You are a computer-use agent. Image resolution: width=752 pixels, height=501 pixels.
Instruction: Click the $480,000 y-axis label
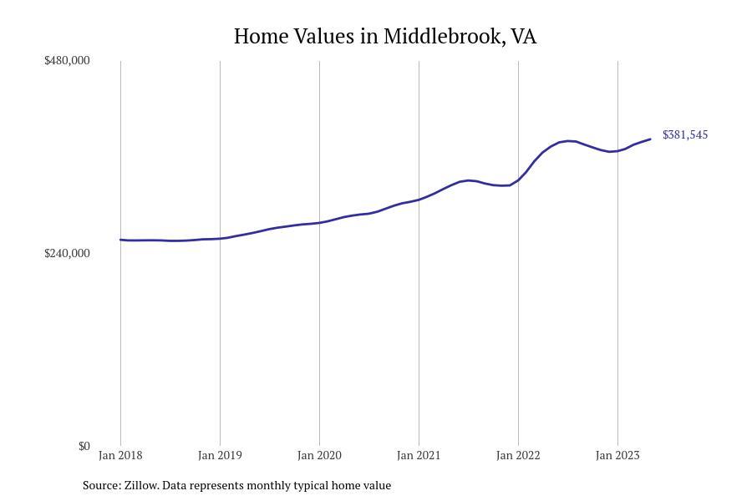click(x=67, y=60)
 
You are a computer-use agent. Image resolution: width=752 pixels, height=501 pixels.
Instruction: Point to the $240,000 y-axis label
click(x=67, y=253)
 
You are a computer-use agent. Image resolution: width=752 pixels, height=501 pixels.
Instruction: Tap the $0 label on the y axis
click(x=84, y=447)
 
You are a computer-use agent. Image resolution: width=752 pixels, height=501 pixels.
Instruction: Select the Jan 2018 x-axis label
click(x=120, y=455)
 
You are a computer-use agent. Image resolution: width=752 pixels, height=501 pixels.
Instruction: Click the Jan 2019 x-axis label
click(x=220, y=455)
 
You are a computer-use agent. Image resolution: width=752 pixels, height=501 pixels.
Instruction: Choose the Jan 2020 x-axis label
click(x=319, y=455)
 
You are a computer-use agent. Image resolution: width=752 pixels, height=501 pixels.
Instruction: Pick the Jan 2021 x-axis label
click(x=419, y=455)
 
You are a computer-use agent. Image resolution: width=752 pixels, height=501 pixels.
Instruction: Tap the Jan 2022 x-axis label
click(x=518, y=455)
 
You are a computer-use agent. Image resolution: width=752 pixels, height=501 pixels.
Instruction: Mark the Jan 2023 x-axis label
click(x=617, y=455)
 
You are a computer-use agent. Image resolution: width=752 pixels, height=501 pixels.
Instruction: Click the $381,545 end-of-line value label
click(x=685, y=134)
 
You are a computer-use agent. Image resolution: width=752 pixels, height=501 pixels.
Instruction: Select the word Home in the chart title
click(x=261, y=37)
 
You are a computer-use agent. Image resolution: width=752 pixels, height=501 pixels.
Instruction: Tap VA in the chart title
click(x=524, y=37)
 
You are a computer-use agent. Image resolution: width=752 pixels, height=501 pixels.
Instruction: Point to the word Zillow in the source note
click(x=141, y=485)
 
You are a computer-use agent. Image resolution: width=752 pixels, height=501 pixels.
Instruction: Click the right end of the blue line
click(x=650, y=139)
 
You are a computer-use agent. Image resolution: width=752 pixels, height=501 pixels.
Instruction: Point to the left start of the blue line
click(x=120, y=240)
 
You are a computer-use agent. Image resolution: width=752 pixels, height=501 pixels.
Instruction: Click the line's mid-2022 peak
click(x=568, y=141)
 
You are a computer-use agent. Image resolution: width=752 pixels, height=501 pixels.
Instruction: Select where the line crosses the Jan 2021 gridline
click(x=419, y=200)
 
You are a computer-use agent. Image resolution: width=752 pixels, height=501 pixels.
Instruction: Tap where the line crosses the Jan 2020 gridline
click(x=319, y=222)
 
